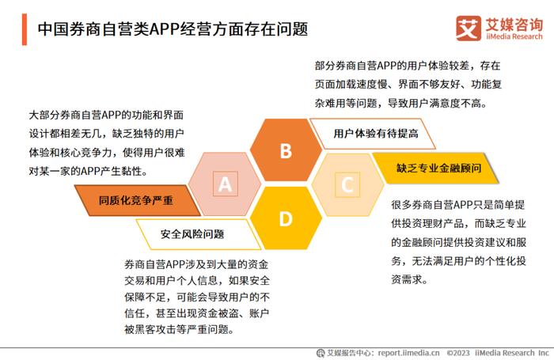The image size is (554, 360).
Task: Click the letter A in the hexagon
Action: (x=225, y=184)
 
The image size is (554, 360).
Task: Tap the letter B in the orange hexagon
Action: (x=286, y=151)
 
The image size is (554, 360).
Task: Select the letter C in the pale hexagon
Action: (x=347, y=185)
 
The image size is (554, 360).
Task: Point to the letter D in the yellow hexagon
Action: (x=286, y=218)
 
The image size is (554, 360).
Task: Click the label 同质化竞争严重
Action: (x=136, y=201)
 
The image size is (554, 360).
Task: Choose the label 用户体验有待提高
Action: (x=376, y=134)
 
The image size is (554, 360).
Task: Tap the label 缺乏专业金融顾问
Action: (x=438, y=169)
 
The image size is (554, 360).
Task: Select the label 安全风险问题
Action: (x=192, y=234)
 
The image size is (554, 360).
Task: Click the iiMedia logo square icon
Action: (x=469, y=28)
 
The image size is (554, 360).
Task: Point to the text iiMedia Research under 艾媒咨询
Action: (x=514, y=36)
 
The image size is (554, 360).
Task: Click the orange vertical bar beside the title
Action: (x=25, y=29)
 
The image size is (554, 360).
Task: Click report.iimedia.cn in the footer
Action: (x=409, y=353)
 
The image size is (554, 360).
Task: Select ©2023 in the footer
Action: (x=458, y=353)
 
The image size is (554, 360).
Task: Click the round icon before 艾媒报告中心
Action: (x=321, y=353)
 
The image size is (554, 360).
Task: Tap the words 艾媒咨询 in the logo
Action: (x=514, y=24)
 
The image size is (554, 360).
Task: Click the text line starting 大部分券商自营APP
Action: (x=106, y=116)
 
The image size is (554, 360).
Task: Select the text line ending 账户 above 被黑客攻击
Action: (x=196, y=313)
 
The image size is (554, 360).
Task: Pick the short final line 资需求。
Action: (x=409, y=280)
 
